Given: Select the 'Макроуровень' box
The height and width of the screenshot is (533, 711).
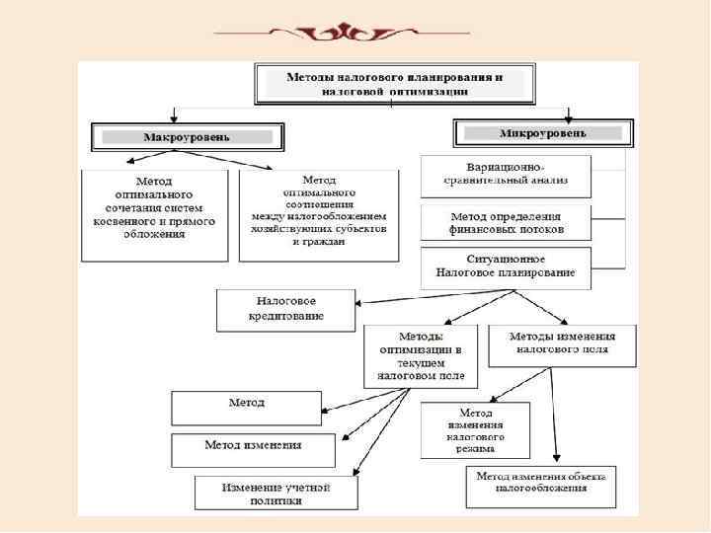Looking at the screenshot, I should [x=188, y=135].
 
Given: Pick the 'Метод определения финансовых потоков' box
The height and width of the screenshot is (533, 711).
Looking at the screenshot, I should [x=506, y=223].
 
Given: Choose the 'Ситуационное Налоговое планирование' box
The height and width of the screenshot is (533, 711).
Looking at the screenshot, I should [x=506, y=266].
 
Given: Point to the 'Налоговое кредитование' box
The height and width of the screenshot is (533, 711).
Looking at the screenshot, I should [x=286, y=310].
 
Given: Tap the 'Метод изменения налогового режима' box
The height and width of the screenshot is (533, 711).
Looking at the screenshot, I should [x=475, y=429].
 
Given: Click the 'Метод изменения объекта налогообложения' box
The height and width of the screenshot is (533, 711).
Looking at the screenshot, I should [x=541, y=482].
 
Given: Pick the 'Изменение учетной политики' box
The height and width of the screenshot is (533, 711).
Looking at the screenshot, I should [x=276, y=493].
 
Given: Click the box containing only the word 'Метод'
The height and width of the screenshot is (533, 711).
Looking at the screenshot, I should [x=246, y=406].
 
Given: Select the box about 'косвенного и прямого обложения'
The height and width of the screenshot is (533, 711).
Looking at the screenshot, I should [x=153, y=215].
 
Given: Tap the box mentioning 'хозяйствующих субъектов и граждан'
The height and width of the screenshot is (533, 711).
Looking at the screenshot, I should [x=319, y=215].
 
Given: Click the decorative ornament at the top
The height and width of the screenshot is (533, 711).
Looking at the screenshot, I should [x=356, y=30].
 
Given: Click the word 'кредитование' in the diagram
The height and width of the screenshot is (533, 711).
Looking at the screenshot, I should [x=286, y=318].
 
